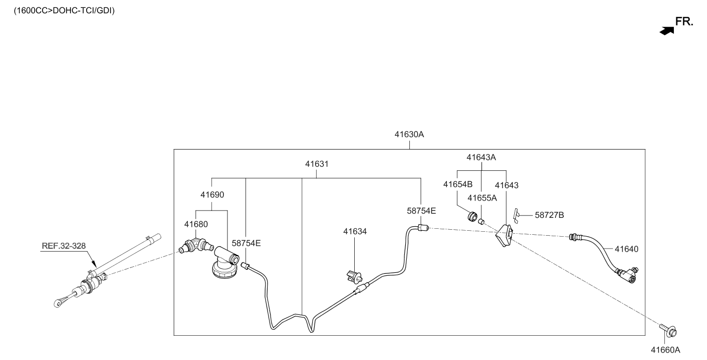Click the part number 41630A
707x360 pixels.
tap(409, 134)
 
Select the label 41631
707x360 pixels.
tap(317, 164)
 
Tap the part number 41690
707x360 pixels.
tap(212, 195)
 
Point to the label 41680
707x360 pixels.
tap(196, 224)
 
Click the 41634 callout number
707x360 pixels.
tap(355, 232)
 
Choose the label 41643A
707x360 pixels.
tap(481, 157)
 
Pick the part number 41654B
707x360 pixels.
tap(458, 184)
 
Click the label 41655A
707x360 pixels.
tap(482, 198)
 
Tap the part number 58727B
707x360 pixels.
tap(549, 215)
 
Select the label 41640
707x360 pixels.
tap(626, 249)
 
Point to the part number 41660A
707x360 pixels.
tap(665, 350)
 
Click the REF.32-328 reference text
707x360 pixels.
tap(64, 246)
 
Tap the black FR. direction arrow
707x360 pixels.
tap(666, 31)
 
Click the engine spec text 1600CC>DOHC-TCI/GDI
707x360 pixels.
tap(64, 11)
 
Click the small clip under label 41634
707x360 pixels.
tap(354, 276)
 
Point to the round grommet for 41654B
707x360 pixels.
tap(472, 216)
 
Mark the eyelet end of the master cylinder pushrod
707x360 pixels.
tap(58, 303)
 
